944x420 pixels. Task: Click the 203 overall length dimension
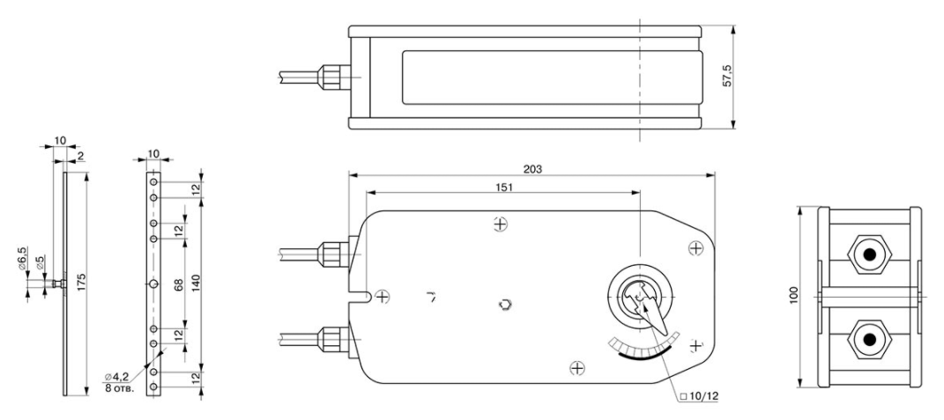coord(532,169)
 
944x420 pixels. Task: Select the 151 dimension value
coord(504,188)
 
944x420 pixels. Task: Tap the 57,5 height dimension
coord(726,77)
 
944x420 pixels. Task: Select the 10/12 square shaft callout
coord(699,396)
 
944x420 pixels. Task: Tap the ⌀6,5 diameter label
coord(22,259)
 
